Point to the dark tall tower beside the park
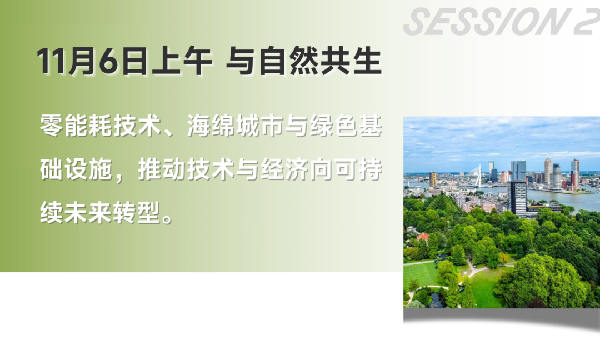[x=518, y=196]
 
